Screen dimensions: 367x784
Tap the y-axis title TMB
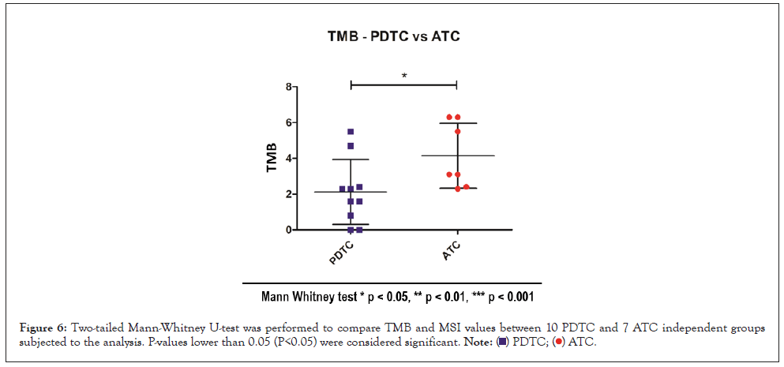pos(271,158)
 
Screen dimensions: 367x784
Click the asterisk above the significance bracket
pos(404,76)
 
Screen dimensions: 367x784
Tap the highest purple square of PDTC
pos(351,132)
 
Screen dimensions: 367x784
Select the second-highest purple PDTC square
pos(351,146)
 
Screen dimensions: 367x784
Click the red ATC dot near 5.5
pos(458,131)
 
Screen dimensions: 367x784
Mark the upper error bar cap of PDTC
pos(351,159)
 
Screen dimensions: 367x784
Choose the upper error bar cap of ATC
pos(458,123)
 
